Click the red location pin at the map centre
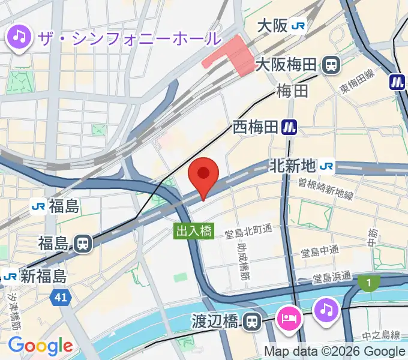point(203,175)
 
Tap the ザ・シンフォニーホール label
point(129,38)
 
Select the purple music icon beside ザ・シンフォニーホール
point(20,38)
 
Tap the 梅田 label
point(292,91)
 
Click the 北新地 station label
point(292,164)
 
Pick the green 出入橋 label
point(194,230)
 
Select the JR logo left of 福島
point(38,207)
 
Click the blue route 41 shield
point(59,296)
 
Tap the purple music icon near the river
point(326,310)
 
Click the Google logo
point(40,346)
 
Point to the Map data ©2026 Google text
point(334,351)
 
